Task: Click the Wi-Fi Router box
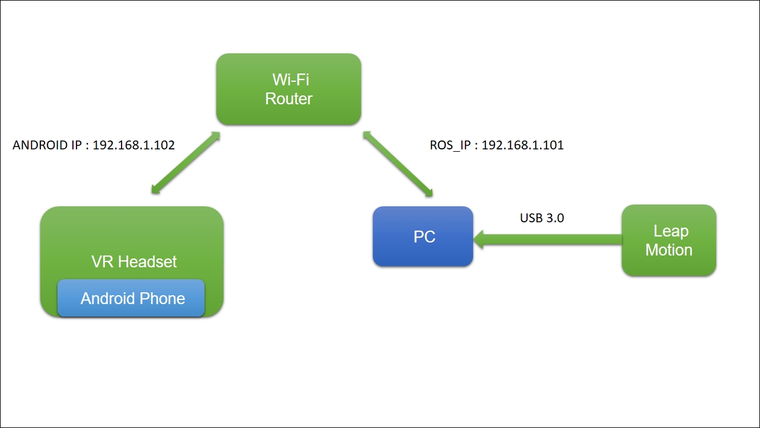coord(288,89)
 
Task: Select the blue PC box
coord(423,237)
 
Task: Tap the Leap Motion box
coord(669,240)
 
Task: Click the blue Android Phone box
coord(131,298)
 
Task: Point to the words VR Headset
coord(134,261)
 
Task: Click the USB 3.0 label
coord(542,218)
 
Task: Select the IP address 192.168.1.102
coord(134,145)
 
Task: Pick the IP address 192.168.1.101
coord(522,145)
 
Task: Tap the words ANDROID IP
coord(47,145)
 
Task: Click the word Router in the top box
coord(288,99)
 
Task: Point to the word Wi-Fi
coord(289,79)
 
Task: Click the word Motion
coord(669,250)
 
